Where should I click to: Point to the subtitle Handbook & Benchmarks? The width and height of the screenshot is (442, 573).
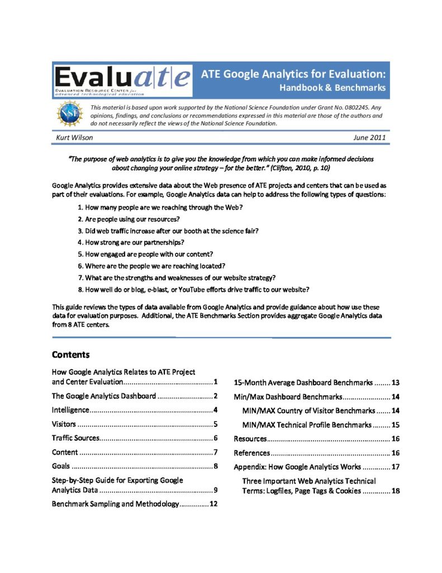coord(332,88)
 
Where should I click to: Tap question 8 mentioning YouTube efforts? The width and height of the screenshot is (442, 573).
coord(193,289)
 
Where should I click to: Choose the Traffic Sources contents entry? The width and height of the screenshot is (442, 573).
coord(75,438)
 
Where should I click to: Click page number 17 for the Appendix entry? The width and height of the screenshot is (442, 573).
coord(395,467)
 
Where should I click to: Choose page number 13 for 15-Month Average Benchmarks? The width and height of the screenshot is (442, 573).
coord(395,383)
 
